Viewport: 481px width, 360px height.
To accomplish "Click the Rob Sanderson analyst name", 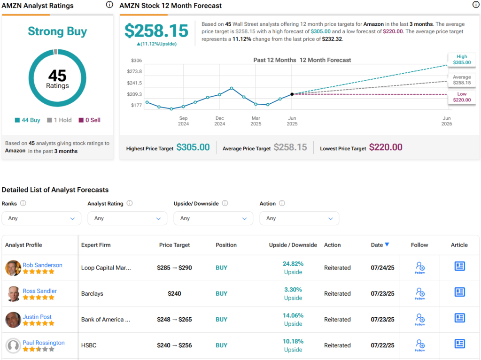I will pyautogui.click(x=42, y=265).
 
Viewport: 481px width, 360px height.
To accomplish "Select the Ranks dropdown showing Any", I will pyautogui.click(x=41, y=218).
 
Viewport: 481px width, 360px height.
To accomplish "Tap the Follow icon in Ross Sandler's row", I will pyautogui.click(x=420, y=293).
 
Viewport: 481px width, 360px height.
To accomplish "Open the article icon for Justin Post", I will pyautogui.click(x=459, y=318).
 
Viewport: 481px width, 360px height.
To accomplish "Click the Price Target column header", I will pyautogui.click(x=174, y=245).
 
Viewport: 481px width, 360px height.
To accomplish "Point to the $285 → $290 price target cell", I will pyautogui.click(x=174, y=268).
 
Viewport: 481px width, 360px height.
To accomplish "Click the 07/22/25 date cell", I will pyautogui.click(x=383, y=345).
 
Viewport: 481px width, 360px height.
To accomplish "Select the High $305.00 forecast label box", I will pyautogui.click(x=461, y=59).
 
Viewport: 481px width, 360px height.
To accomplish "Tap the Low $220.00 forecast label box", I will pyautogui.click(x=461, y=97).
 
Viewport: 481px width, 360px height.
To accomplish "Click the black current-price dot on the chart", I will pyautogui.click(x=292, y=94).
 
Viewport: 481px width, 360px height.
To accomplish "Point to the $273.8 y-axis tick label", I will pyautogui.click(x=134, y=71).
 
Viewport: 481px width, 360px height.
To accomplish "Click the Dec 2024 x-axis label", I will pyautogui.click(x=220, y=121).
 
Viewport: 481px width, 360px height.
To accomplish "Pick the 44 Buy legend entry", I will pyautogui.click(x=28, y=120).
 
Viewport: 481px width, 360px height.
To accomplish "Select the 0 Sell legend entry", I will pyautogui.click(x=89, y=120).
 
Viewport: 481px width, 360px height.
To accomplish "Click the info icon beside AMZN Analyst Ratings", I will pyautogui.click(x=109, y=5).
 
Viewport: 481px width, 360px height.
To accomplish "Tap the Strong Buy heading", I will pyautogui.click(x=57, y=31).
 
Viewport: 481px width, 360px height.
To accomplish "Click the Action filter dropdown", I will pyautogui.click(x=299, y=218).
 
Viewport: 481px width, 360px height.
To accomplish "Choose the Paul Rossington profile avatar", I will pyautogui.click(x=13, y=345).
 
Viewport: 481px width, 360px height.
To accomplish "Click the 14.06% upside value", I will pyautogui.click(x=293, y=315).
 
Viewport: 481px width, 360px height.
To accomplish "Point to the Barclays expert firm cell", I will pyautogui.click(x=92, y=294).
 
